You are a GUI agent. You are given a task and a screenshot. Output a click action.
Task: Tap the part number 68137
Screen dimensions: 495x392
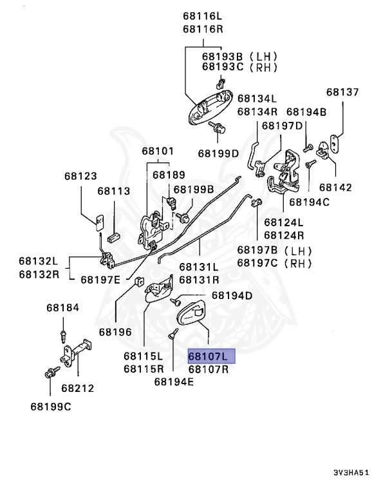coord(342,92)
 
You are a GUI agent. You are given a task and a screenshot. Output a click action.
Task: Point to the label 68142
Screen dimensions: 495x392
coord(335,188)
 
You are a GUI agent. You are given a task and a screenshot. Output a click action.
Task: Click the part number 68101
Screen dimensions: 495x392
coord(158,151)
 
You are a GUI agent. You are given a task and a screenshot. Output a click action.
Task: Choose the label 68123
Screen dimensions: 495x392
coord(80,175)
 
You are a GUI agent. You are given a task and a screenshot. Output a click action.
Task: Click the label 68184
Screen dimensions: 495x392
coord(62,307)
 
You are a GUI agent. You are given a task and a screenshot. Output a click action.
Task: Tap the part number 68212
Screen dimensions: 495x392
coord(78,388)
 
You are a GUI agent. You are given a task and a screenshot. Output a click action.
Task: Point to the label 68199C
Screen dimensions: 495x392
coord(51,406)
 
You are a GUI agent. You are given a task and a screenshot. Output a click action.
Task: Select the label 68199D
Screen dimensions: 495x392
coord(218,153)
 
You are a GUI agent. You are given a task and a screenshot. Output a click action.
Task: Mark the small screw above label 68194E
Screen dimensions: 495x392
coord(173,334)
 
